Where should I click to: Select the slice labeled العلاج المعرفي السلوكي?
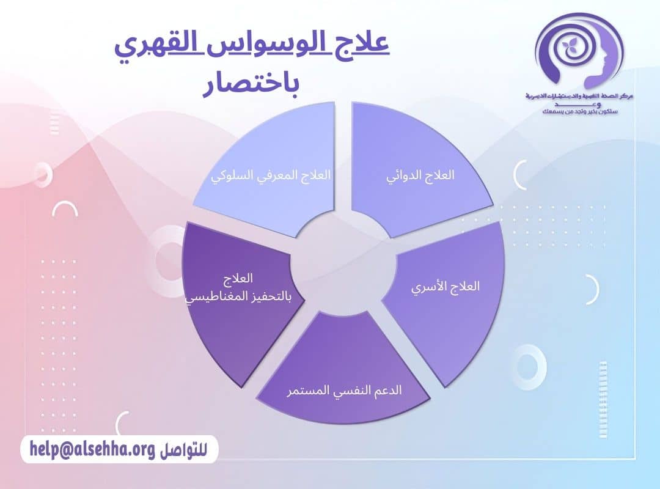point(269,171)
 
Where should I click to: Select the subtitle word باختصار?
point(251,86)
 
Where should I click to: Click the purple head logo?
point(577,52)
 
